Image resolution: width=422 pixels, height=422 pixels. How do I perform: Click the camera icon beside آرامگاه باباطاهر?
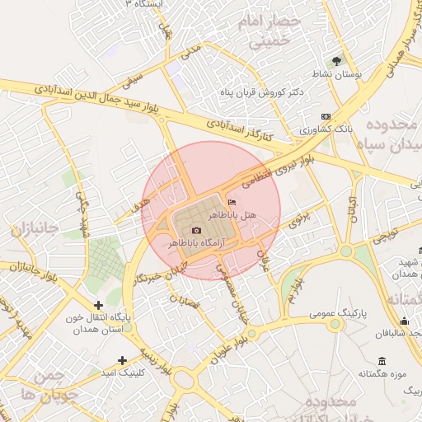point(195,231)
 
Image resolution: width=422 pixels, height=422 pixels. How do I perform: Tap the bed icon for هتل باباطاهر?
point(231,202)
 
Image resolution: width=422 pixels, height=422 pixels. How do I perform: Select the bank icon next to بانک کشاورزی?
point(326,117)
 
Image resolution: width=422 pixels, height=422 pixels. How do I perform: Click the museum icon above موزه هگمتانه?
point(381,361)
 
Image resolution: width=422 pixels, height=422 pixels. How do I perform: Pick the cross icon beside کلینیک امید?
point(123,360)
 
